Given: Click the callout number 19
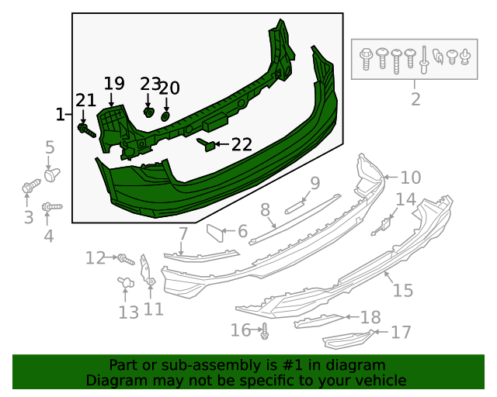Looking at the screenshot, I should point(113,83).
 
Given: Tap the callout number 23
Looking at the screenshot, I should point(150,84).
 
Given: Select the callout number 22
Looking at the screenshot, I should point(242,144).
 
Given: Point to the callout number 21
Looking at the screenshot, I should point(85,100).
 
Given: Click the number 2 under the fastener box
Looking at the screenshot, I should point(415,99).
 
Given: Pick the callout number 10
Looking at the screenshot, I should point(410,177).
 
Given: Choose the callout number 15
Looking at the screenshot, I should point(403,291).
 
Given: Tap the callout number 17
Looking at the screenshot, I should point(401,333).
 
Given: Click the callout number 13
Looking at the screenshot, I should point(128,312).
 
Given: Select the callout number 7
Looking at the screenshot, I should point(183,233).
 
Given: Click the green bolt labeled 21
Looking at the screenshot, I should point(85,130).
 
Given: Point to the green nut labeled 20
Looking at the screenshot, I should point(166,116).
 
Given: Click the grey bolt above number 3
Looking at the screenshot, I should point(30,187).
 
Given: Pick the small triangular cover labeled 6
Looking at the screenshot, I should point(215,231).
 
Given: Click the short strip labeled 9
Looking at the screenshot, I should point(295,206).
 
